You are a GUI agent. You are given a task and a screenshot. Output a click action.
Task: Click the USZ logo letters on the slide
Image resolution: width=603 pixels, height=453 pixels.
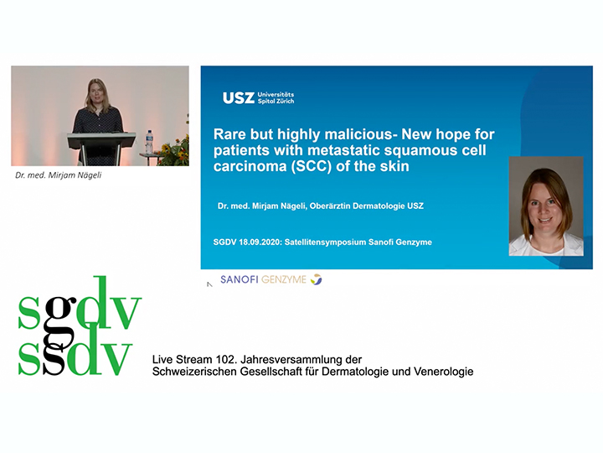(239, 98)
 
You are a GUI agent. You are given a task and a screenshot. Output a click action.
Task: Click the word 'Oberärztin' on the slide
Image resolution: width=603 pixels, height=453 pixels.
(330, 206)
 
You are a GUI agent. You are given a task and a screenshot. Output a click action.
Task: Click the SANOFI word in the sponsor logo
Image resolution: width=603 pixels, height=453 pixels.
(240, 279)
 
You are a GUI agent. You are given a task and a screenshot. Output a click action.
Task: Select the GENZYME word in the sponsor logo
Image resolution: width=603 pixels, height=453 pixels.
(284, 279)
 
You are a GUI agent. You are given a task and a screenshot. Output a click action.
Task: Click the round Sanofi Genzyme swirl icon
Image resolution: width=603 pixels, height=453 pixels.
(316, 279)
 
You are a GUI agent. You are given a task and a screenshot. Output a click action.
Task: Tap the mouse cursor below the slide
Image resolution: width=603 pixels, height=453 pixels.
(209, 284)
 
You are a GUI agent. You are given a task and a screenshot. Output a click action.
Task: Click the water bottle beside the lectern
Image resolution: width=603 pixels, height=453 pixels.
(149, 142)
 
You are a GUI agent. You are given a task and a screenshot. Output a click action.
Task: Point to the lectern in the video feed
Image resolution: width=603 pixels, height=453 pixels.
(101, 148)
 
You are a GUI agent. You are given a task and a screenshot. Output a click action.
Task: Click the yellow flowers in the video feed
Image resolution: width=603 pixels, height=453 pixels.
(174, 151)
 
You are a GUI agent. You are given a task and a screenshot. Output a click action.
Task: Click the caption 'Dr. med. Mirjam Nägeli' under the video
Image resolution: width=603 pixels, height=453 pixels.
(59, 175)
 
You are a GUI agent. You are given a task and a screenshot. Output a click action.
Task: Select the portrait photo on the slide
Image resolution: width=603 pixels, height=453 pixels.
(546, 206)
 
